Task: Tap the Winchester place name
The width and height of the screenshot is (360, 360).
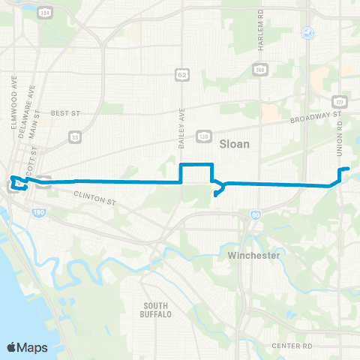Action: (x=253, y=256)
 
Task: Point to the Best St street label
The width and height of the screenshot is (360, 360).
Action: (x=64, y=113)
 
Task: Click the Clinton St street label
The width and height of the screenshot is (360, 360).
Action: (x=96, y=198)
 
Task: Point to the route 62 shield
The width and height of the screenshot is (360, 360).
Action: (x=181, y=73)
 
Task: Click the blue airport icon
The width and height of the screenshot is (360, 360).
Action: (x=306, y=34)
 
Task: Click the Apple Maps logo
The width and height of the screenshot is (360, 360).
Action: (x=26, y=347)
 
